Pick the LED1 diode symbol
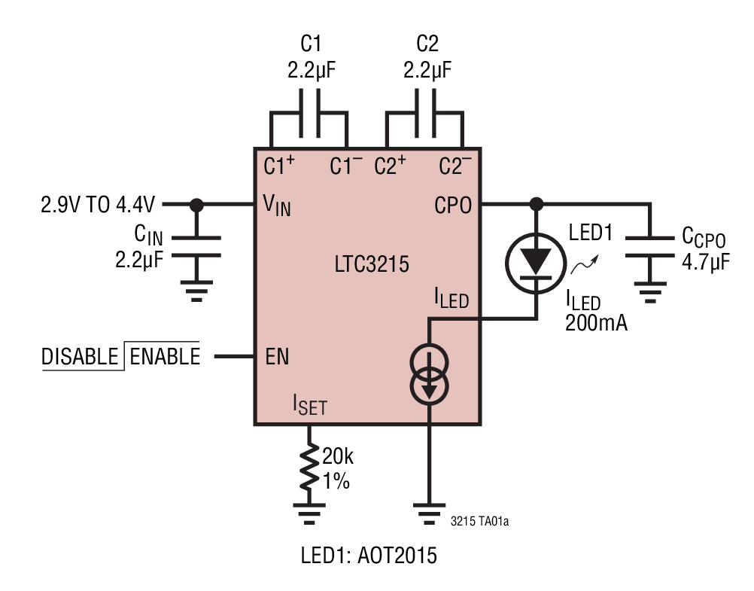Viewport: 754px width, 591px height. [537, 260]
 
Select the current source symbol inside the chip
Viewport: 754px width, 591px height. [429, 374]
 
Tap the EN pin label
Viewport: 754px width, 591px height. [277, 355]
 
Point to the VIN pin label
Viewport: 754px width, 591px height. [277, 206]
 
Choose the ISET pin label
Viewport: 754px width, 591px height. [309, 406]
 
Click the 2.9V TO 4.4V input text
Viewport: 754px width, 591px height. [100, 204]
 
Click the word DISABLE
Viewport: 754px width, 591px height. [79, 356]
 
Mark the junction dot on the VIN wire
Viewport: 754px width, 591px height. [197, 204]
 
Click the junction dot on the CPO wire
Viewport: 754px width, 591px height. [537, 204]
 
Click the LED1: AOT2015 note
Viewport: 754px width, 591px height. [369, 558]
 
